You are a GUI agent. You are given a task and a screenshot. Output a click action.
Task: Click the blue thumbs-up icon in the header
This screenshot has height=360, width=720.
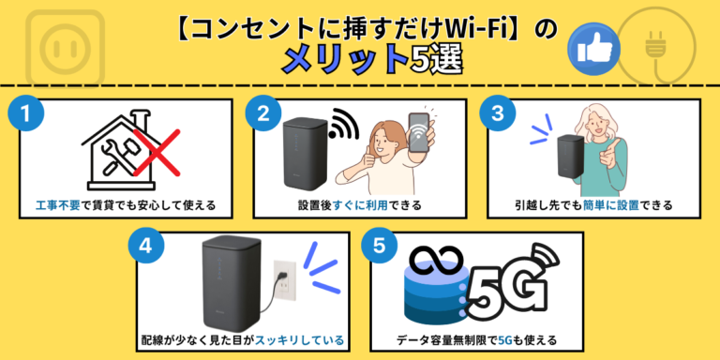(x=587, y=47)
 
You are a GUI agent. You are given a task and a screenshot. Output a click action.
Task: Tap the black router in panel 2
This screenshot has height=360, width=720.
(x=304, y=155)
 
